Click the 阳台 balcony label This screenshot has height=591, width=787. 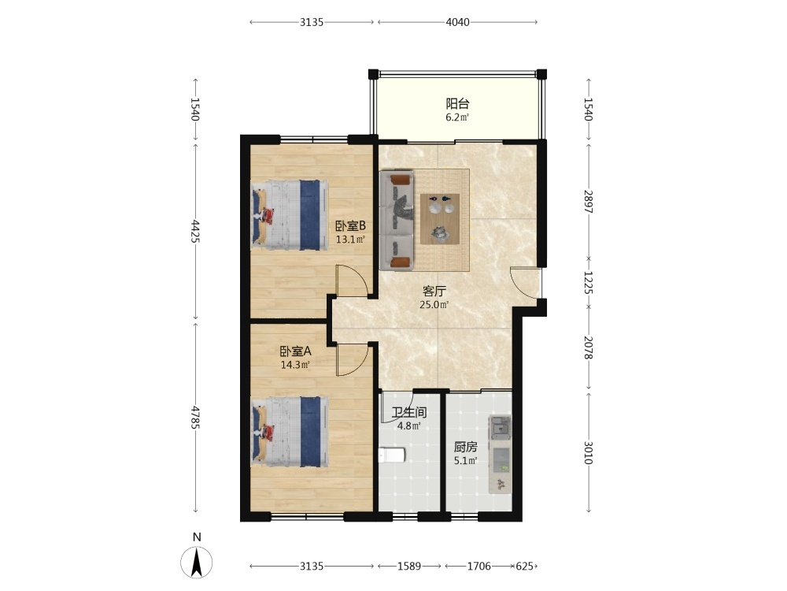[x=457, y=104]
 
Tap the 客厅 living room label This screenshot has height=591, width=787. [x=434, y=291]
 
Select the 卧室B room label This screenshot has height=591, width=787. [x=350, y=226]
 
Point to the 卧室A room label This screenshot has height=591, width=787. [x=295, y=351]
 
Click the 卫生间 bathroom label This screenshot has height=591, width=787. [x=409, y=413]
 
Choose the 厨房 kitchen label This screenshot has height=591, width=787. [x=465, y=447]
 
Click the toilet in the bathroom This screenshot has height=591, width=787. [x=391, y=455]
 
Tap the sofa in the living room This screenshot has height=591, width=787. [x=397, y=220]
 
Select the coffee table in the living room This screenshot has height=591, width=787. [x=440, y=219]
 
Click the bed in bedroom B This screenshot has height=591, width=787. [x=289, y=215]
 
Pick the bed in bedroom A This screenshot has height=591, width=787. [x=290, y=432]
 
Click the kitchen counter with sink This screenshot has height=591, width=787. [x=500, y=454]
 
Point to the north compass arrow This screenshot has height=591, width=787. [x=196, y=562]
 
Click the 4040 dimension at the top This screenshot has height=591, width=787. [x=457, y=22]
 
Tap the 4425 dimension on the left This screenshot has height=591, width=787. [x=195, y=231]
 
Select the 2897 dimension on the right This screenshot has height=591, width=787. [x=588, y=201]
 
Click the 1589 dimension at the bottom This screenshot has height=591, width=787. [x=409, y=567]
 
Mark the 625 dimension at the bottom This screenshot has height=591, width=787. [x=524, y=567]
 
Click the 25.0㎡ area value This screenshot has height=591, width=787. [x=434, y=304]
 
